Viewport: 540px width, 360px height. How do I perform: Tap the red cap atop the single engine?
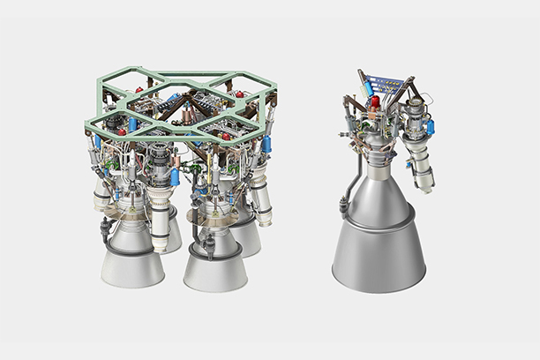coord(375,102)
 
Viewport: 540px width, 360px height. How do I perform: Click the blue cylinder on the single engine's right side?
coord(430,129)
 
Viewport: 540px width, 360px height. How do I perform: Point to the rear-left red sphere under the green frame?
coord(142,91)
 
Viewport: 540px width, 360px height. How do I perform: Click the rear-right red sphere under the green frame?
coord(236,94)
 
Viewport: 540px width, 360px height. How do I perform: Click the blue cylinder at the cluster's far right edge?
coord(267,146)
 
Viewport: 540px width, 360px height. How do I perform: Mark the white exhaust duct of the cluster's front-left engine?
coord(161,225)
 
